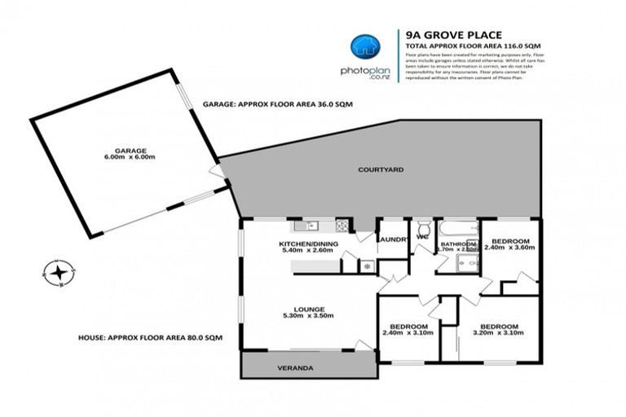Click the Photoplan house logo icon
point(363,48)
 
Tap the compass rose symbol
point(60,271)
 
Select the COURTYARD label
point(381,170)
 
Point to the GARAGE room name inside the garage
point(130,151)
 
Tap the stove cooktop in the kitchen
point(343,226)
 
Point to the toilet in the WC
point(423,227)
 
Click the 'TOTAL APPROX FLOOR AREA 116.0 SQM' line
point(473,46)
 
